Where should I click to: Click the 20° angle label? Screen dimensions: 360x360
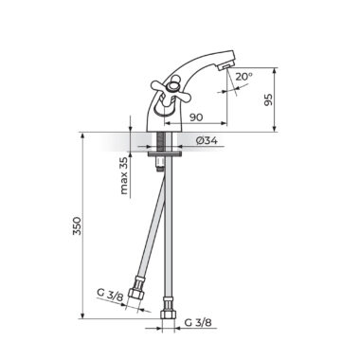click(243, 76)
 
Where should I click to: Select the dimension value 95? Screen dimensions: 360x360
click(268, 99)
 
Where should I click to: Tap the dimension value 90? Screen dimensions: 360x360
click(196, 117)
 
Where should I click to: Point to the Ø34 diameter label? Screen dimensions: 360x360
click(207, 140)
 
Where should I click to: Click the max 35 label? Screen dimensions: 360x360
click(124, 175)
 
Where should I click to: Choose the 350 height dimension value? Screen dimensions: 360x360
click(78, 225)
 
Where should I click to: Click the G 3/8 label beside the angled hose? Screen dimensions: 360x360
click(110, 295)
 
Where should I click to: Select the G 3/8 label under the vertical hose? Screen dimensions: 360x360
click(198, 322)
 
